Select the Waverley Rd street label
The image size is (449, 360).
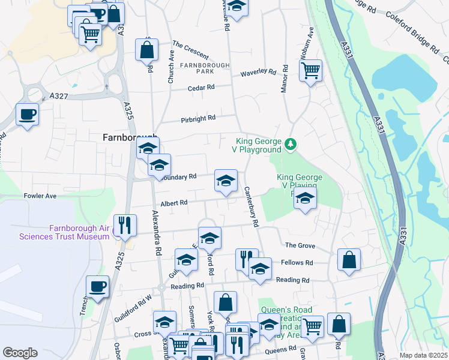(258, 73)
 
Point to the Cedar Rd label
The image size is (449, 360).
(201, 88)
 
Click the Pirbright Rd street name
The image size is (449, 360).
(198, 119)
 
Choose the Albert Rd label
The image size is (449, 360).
(174, 203)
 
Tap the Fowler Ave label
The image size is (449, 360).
(40, 196)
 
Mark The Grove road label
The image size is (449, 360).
(300, 245)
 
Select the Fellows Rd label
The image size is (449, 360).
(300, 263)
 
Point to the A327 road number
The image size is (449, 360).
(59, 95)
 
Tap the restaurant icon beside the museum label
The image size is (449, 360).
(124, 226)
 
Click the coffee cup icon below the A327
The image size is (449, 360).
(27, 113)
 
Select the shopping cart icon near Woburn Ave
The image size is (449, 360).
(310, 71)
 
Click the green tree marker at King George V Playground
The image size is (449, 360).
(291, 144)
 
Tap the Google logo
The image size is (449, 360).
(20, 353)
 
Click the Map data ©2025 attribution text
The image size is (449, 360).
(423, 355)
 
